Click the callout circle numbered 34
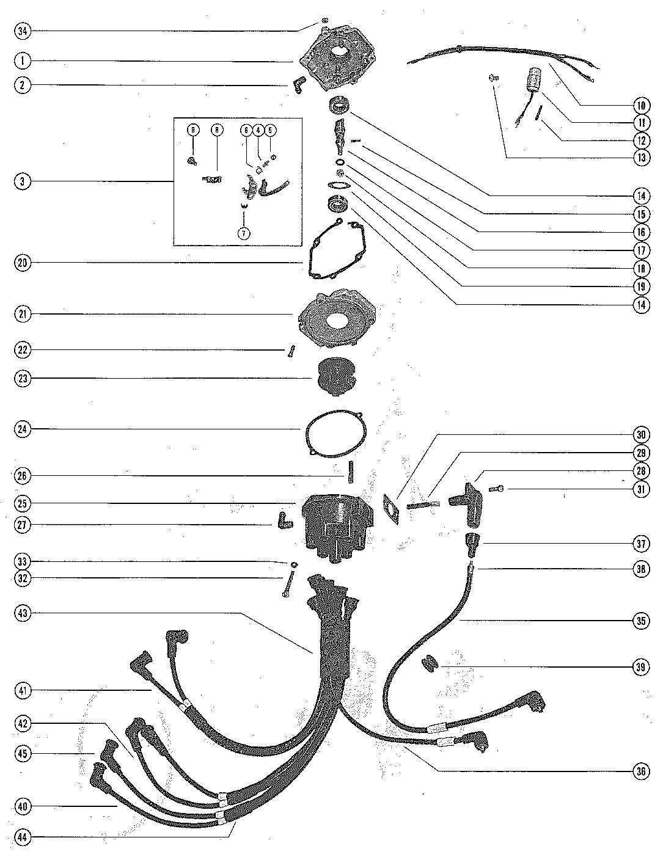[x=22, y=31]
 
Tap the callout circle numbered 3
[x=22, y=181]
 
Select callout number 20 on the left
[x=22, y=263]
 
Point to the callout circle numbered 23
[x=22, y=378]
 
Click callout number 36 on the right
[x=640, y=771]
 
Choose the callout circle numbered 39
[x=640, y=666]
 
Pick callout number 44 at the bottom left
[x=22, y=837]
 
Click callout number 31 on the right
[x=640, y=489]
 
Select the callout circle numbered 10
[x=640, y=105]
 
